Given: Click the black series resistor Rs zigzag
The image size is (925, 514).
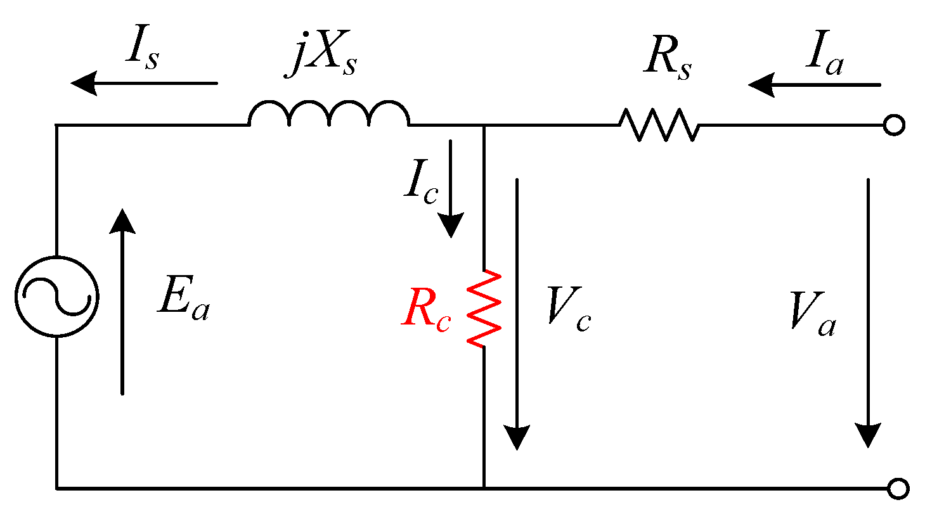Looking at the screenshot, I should pos(659,124).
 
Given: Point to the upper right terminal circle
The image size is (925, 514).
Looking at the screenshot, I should pos(894,126).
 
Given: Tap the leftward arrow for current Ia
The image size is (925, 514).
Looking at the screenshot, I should pos(814,84).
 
